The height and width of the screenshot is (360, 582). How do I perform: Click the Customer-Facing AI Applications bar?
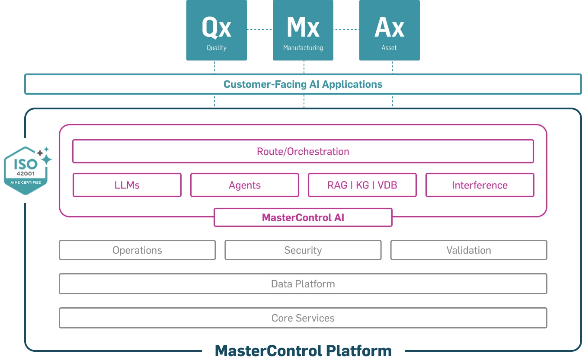(x=303, y=84)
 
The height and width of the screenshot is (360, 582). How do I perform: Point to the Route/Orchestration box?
(x=303, y=151)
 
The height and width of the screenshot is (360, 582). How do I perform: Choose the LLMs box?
(x=127, y=185)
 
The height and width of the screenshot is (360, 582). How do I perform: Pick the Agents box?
(x=245, y=185)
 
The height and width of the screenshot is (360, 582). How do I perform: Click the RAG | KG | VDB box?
(x=362, y=185)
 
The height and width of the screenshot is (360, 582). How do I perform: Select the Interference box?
(x=480, y=185)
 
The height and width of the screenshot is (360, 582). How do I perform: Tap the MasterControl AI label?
(x=303, y=217)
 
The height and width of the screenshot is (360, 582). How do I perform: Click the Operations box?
(x=137, y=250)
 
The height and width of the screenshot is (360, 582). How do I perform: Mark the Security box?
(x=303, y=250)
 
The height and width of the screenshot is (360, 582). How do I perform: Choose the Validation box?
(x=469, y=250)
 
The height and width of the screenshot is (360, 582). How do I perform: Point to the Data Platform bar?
(x=303, y=284)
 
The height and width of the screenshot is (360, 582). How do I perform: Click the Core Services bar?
(x=303, y=318)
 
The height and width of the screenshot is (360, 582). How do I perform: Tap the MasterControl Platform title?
(x=303, y=350)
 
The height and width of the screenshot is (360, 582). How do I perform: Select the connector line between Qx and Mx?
(x=259, y=29)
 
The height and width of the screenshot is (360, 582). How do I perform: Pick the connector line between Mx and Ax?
(x=346, y=29)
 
